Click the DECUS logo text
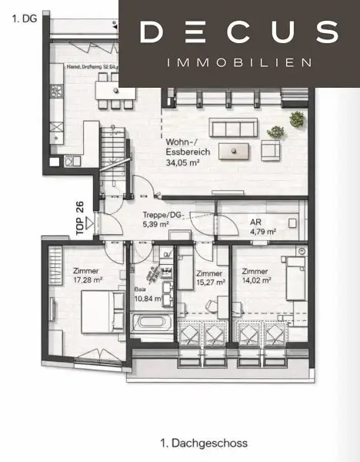pos(239,33)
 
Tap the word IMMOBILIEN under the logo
pos(239,62)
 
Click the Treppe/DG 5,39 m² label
pos(163,221)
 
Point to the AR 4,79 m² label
pos(261,226)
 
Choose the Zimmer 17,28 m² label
pos(88,276)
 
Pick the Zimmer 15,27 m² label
pos(210,278)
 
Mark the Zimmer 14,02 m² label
pos(256,276)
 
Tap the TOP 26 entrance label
pos(80,216)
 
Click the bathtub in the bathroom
pos(152,324)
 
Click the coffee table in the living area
pos(235,149)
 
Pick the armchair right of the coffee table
pos(272,148)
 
